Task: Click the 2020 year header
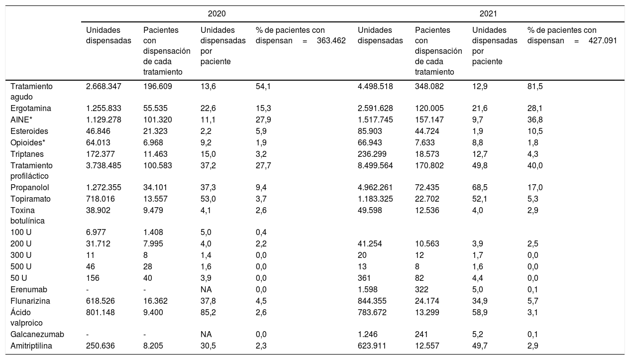click(216, 13)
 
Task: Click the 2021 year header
click(488, 13)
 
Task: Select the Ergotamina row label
click(31, 109)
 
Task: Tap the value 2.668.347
click(104, 86)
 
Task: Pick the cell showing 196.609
click(157, 86)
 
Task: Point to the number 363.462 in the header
click(331, 40)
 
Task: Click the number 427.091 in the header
click(603, 40)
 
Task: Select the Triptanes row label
click(27, 154)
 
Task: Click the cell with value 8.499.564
click(375, 165)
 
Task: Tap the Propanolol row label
click(29, 187)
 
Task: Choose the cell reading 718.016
click(101, 199)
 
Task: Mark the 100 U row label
click(21, 232)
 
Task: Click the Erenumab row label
click(29, 289)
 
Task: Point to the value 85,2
click(208, 312)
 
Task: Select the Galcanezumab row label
click(37, 335)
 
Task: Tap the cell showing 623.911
click(372, 346)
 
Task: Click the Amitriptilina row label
click(31, 346)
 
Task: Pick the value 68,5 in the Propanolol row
click(480, 187)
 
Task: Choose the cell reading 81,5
click(535, 86)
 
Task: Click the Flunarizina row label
click(30, 301)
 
